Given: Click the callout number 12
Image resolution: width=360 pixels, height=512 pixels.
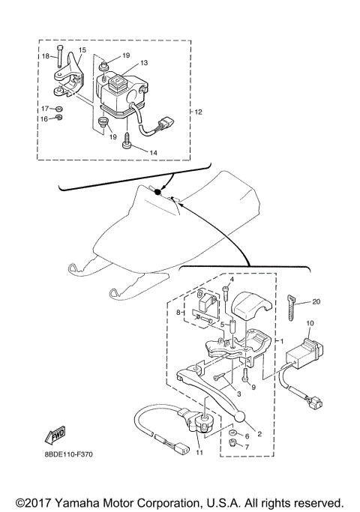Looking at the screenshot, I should (x=199, y=112).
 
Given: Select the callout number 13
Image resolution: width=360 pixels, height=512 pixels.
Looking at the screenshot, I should (x=144, y=62).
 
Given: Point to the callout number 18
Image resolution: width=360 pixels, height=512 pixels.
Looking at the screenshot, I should (x=46, y=56).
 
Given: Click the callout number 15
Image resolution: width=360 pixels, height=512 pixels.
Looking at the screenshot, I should (x=82, y=50).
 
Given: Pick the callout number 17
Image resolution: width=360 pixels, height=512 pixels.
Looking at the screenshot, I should (x=44, y=108).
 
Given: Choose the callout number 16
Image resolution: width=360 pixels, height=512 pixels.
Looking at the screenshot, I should (x=44, y=118).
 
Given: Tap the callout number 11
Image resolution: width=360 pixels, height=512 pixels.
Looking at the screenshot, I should (x=199, y=452).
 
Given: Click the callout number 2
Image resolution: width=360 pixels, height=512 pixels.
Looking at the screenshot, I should (x=260, y=433).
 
